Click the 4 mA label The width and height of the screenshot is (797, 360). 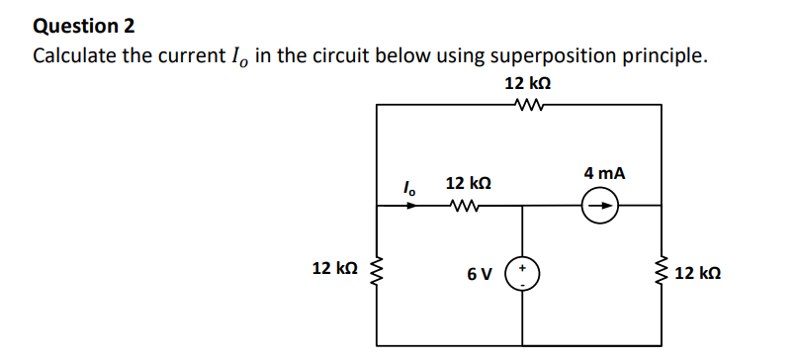(x=604, y=173)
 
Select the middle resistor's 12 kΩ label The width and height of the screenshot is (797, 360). (x=469, y=184)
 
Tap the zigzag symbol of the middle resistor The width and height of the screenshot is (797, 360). (x=463, y=207)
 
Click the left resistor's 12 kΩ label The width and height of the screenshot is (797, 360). (x=333, y=269)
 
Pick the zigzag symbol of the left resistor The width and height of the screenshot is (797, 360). (x=377, y=269)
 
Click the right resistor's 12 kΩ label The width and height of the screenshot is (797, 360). (x=699, y=272)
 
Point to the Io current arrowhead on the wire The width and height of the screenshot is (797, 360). (x=411, y=207)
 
